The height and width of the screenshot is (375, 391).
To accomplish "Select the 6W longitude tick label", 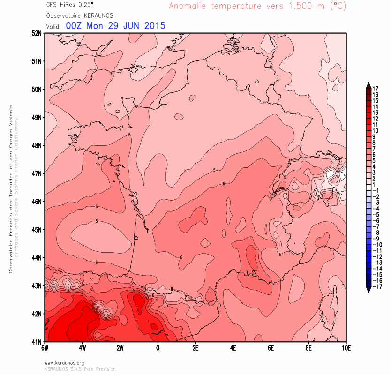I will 45,348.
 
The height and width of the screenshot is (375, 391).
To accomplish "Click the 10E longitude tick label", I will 346,348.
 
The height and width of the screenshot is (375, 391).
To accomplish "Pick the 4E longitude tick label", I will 233,348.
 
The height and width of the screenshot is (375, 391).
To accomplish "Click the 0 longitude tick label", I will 158,348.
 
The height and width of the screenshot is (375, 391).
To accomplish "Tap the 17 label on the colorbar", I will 376,88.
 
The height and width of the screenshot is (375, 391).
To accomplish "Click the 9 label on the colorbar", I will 374,136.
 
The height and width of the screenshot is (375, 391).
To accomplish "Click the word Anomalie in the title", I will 188,6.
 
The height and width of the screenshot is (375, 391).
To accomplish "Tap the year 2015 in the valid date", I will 152,26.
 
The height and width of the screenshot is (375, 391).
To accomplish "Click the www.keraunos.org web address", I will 64,363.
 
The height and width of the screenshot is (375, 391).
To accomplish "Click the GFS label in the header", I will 52,5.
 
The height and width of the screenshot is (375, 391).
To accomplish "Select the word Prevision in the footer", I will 105,369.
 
